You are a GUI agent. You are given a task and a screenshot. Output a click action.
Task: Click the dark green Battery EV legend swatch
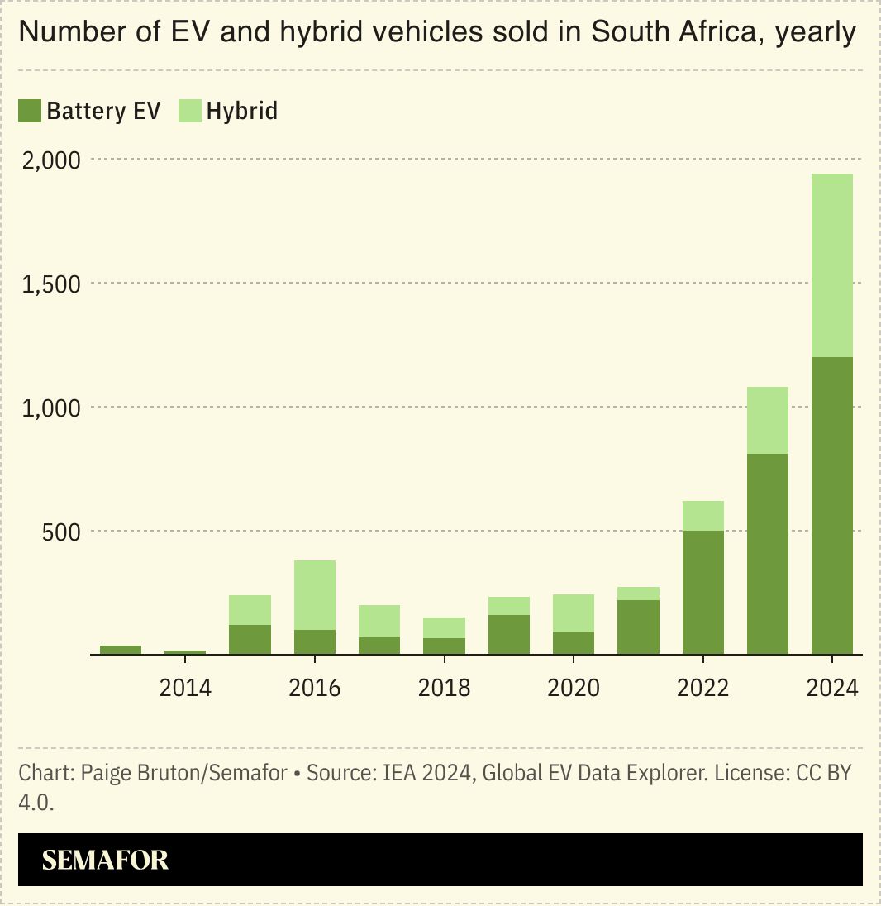(x=30, y=111)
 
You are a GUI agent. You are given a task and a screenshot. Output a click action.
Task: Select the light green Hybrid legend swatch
(x=190, y=111)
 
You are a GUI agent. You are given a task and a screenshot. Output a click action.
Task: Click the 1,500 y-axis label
(x=51, y=284)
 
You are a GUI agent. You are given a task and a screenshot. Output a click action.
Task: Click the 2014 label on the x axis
(x=185, y=688)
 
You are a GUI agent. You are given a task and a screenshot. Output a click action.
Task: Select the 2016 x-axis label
(x=315, y=688)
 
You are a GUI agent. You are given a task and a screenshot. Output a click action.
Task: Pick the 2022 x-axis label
(x=702, y=688)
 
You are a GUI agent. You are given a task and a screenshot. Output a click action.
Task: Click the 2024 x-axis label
(x=832, y=688)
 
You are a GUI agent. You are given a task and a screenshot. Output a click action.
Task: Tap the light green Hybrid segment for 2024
(x=832, y=265)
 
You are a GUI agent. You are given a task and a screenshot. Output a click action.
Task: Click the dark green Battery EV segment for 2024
(x=832, y=505)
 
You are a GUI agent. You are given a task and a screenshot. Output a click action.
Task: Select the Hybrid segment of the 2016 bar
(x=315, y=594)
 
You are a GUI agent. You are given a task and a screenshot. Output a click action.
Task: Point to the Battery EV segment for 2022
(x=702, y=592)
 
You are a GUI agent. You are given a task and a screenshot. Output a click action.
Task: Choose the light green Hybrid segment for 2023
(x=768, y=420)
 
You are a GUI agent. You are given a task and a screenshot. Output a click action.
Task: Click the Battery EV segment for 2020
(x=574, y=642)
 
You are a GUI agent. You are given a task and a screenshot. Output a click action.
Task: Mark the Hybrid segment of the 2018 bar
(x=445, y=627)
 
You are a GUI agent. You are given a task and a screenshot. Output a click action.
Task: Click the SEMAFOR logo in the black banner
(x=105, y=860)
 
